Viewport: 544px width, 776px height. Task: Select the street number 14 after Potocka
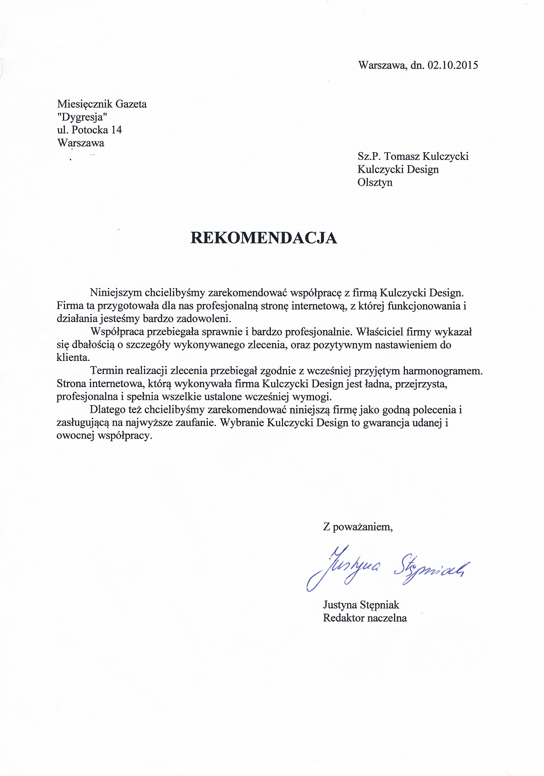coord(116,130)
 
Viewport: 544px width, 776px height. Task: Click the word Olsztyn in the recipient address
coord(375,182)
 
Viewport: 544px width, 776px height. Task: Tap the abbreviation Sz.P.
coord(368,156)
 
